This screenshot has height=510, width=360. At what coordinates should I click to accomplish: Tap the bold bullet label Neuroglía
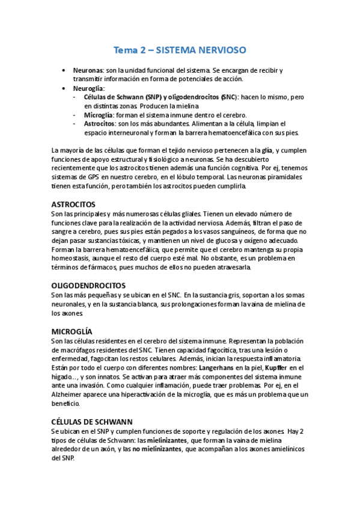point(89,88)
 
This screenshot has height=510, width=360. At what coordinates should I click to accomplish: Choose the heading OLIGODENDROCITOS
point(88,285)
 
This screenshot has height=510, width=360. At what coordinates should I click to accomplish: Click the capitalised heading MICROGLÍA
point(72,331)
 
